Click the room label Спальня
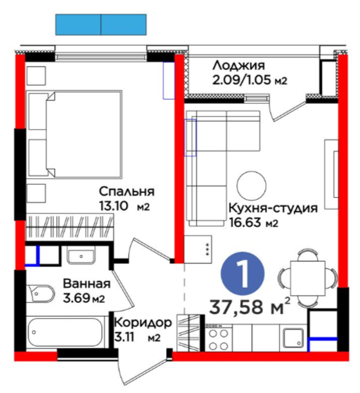127,192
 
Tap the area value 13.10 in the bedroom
114,206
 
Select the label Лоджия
239,66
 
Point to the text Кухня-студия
273,208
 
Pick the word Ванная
87,284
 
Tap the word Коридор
143,323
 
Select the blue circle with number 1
242,273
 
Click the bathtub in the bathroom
65,333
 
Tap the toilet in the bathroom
41,293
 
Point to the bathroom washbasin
81,255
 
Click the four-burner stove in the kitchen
219,338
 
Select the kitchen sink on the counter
294,338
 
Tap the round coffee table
251,185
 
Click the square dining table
308,278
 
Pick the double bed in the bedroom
75,135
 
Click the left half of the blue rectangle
78,25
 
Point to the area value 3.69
77,298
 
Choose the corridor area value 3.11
125,338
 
